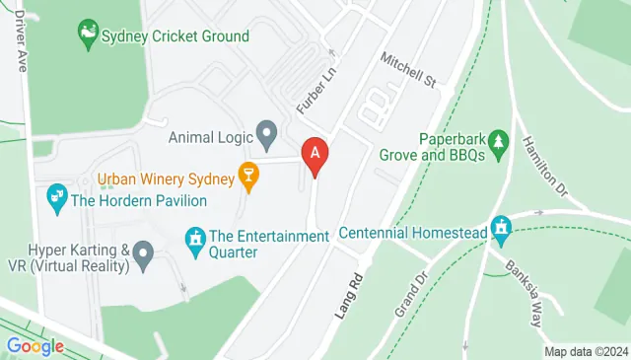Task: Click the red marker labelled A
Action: tap(315, 156)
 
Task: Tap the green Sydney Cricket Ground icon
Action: tap(90, 36)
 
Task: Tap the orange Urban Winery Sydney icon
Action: tap(249, 180)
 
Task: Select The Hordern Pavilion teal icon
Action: tap(55, 200)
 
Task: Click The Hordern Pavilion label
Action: tap(139, 201)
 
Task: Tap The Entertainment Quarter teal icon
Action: tap(193, 238)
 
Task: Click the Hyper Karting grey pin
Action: tap(143, 256)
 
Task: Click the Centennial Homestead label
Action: tap(413, 234)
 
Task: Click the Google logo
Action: tap(35, 346)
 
